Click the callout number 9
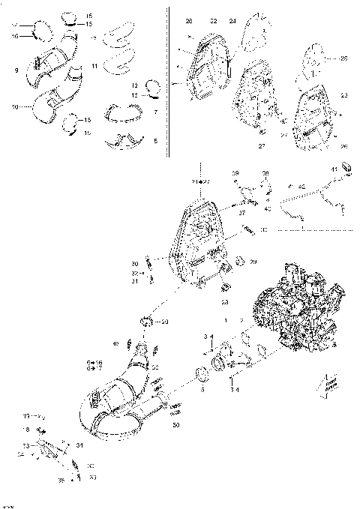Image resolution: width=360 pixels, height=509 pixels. [16, 70]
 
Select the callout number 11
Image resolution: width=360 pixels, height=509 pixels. [94, 67]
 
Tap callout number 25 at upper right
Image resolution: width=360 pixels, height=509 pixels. [343, 58]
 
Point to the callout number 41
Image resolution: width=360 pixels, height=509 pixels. [334, 172]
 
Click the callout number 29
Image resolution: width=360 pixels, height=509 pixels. [253, 262]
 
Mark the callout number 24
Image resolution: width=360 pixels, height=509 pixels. [232, 21]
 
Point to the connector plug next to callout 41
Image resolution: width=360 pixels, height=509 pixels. [346, 167]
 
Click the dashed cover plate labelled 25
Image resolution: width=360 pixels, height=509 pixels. [318, 60]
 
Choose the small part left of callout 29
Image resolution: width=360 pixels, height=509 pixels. [239, 261]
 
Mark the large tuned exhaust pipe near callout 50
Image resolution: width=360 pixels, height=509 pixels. [112, 405]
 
